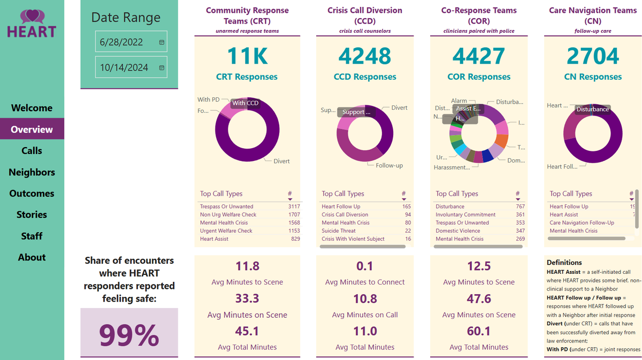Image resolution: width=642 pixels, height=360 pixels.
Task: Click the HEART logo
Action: (x=32, y=24)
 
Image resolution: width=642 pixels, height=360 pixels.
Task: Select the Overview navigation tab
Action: (x=32, y=129)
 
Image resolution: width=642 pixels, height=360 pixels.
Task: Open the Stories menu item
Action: (x=32, y=215)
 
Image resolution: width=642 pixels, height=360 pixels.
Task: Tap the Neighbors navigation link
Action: (x=32, y=172)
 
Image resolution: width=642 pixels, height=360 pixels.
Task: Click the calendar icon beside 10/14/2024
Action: (x=162, y=68)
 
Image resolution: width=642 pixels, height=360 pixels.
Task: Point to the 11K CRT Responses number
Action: (x=247, y=56)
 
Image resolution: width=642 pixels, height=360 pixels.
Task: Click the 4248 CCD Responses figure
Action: (x=365, y=56)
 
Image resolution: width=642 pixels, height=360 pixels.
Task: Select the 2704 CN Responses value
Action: (x=593, y=56)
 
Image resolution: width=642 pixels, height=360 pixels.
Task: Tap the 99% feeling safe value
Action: (x=129, y=334)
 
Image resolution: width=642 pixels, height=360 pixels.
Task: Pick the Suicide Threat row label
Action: (x=339, y=231)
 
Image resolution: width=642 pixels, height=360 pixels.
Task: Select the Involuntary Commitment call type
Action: (x=465, y=215)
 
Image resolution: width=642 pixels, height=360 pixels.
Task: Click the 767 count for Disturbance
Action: (x=520, y=206)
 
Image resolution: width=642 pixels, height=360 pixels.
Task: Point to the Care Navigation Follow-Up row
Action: (x=582, y=223)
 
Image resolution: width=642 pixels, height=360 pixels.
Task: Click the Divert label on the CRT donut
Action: (x=281, y=161)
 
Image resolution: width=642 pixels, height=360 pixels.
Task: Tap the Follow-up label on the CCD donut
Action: (x=389, y=165)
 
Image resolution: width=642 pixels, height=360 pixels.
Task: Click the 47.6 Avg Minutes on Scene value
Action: (x=479, y=298)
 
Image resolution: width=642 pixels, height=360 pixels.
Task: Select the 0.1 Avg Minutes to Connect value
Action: (x=365, y=266)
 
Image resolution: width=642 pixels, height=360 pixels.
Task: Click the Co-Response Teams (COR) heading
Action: (x=479, y=16)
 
